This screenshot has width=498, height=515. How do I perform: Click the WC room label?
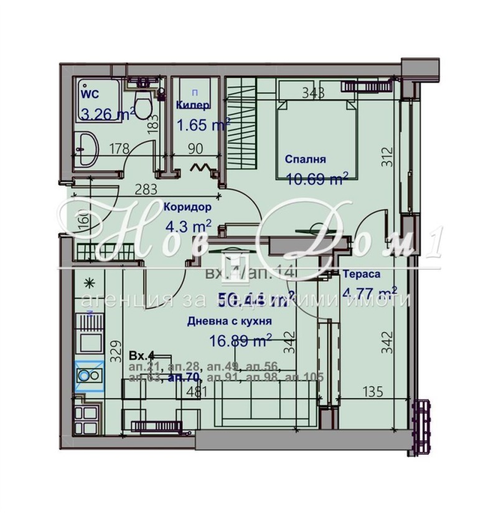(90, 95)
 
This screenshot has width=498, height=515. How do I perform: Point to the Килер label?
(193, 105)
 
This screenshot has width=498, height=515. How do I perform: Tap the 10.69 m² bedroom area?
(316, 179)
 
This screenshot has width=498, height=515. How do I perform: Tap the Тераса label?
(362, 274)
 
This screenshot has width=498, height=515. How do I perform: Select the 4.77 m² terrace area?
(370, 292)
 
